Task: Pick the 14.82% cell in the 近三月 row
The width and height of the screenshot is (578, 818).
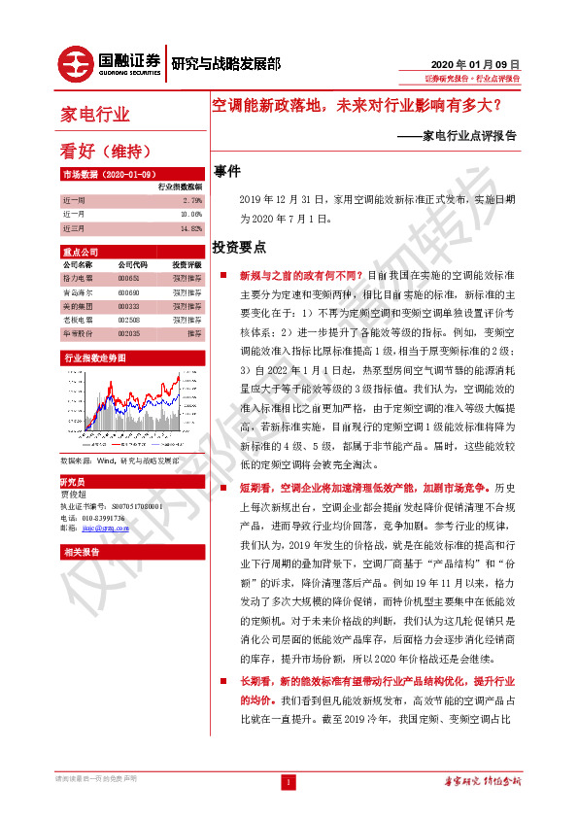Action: point(189,228)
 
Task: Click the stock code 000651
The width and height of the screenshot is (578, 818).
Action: point(130,278)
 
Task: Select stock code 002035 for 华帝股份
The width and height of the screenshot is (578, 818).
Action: point(130,331)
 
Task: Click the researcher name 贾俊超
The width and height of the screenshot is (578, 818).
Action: point(74,494)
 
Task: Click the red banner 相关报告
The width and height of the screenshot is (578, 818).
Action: point(76,552)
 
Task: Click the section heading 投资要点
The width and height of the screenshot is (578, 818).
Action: point(240,248)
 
